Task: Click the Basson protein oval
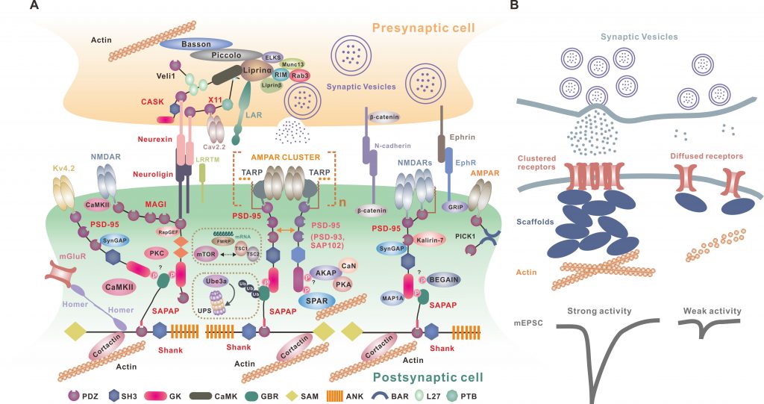pyautogui.click(x=196, y=45)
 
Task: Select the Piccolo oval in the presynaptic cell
pyautogui.click(x=222, y=55)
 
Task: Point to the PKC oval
pyautogui.click(x=157, y=252)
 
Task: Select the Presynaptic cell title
pyautogui.click(x=425, y=28)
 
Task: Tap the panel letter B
pyautogui.click(x=515, y=6)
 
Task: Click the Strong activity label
pyautogui.click(x=600, y=311)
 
